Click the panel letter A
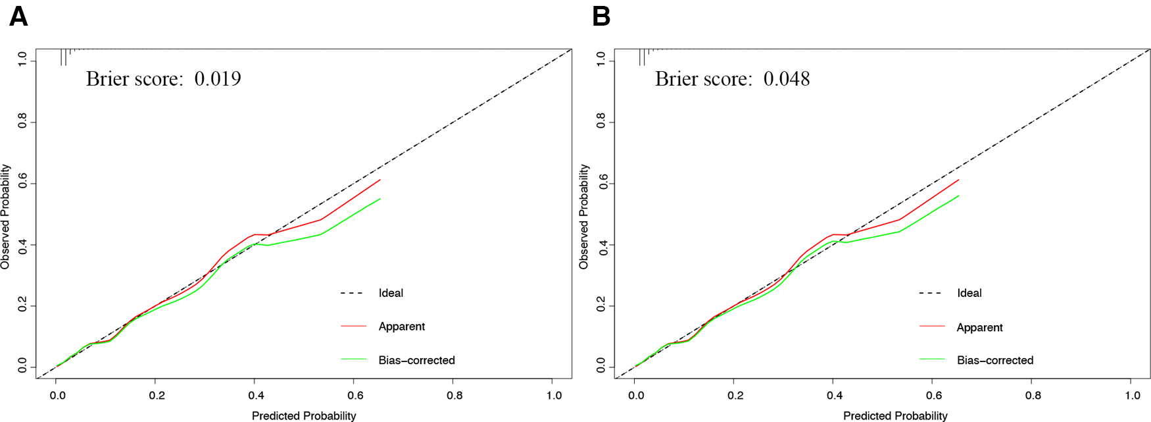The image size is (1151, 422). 18,16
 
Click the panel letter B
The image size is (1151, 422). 601,16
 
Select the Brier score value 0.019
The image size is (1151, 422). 218,79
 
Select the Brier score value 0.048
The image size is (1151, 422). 787,79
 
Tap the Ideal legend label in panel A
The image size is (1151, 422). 391,293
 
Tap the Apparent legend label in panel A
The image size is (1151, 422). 401,327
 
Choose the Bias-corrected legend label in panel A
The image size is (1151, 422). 416,360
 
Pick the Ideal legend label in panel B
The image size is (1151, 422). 969,293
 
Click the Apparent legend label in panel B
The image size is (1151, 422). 979,327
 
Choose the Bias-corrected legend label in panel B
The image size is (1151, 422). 995,360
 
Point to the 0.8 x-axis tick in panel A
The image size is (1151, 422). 454,395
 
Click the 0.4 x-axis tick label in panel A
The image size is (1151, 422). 256,395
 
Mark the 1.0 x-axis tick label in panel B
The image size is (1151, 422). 1133,395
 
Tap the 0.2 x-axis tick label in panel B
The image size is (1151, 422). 735,395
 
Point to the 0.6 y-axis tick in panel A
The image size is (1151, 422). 22,184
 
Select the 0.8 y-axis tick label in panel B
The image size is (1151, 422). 600,122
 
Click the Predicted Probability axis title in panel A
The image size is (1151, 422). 304,415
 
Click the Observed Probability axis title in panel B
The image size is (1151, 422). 583,217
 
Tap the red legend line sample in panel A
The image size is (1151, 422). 353,326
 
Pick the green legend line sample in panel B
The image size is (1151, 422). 932,359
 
